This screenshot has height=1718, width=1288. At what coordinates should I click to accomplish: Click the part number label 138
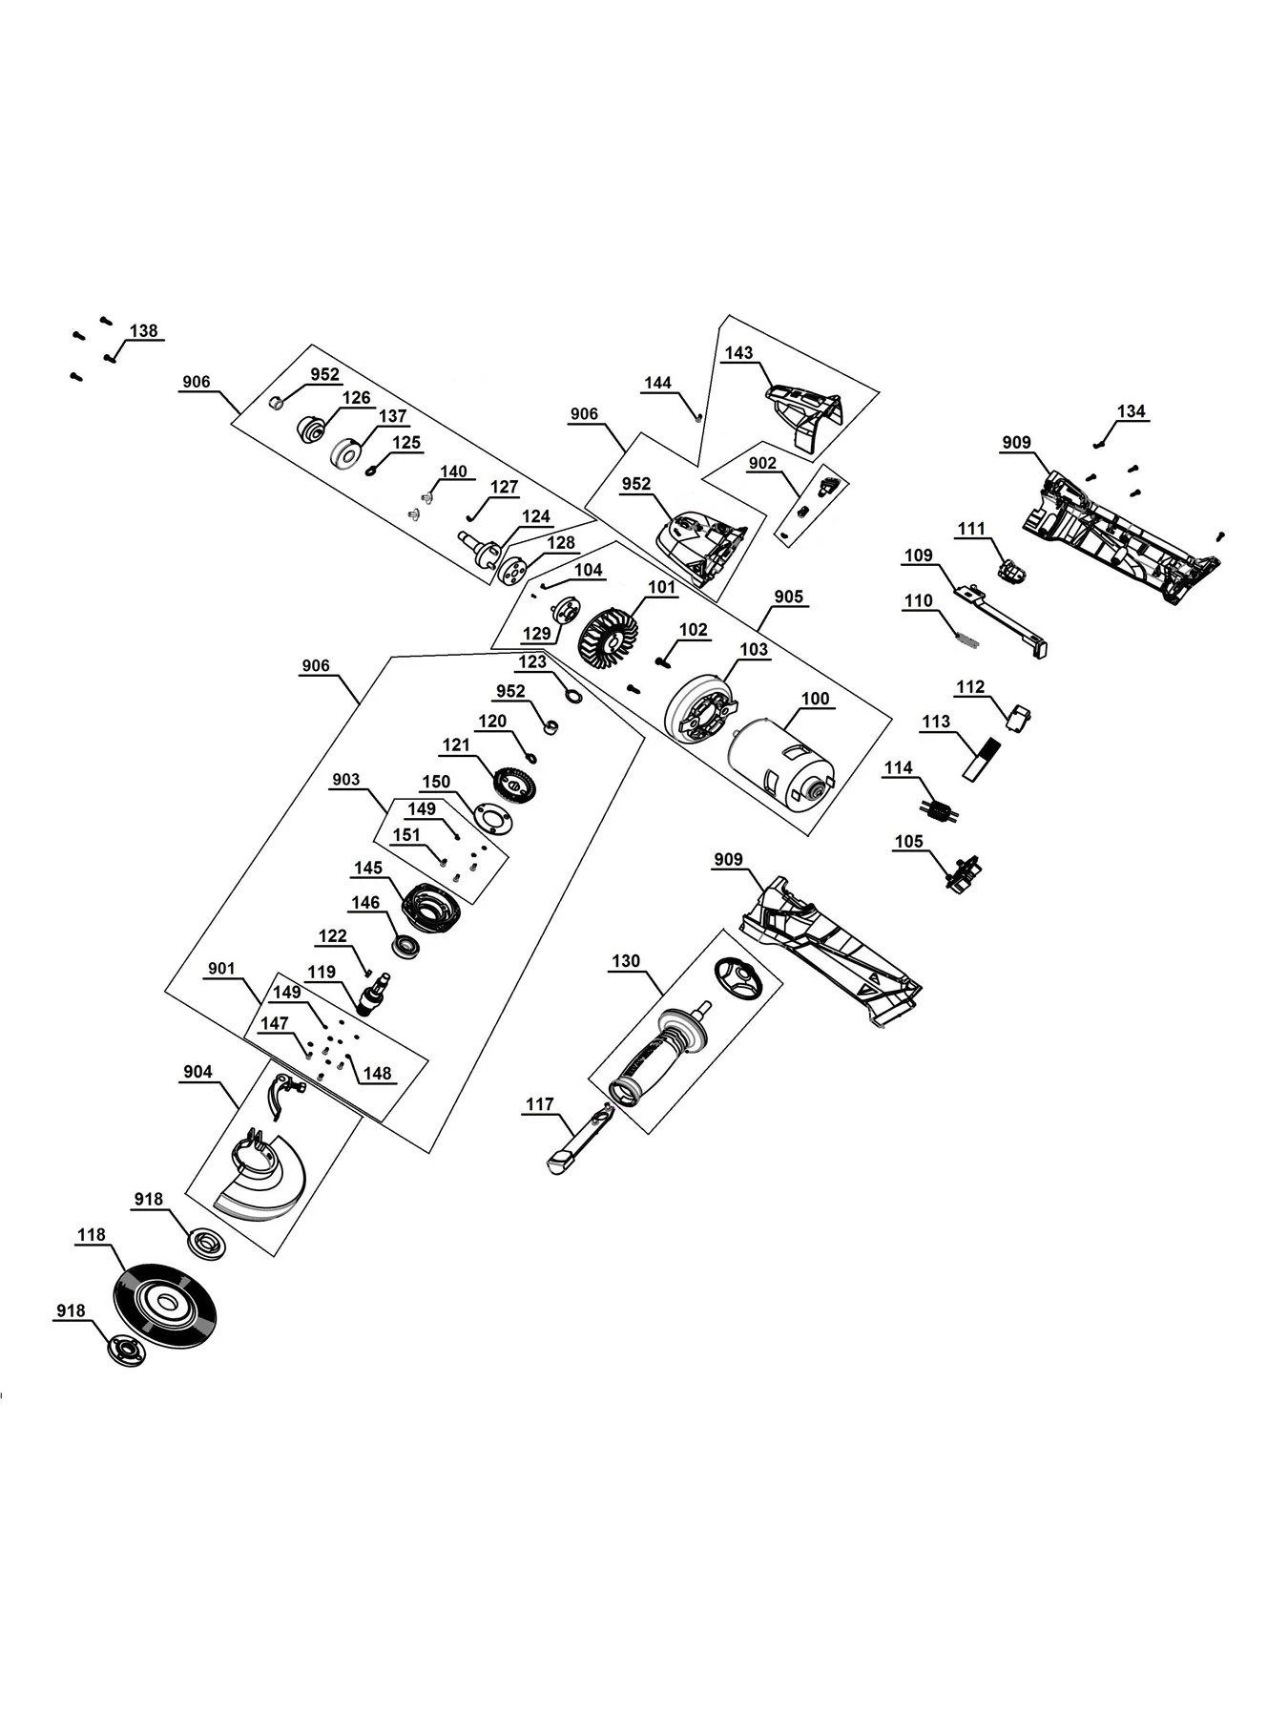(x=144, y=331)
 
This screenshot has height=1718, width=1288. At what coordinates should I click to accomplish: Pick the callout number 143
(x=738, y=352)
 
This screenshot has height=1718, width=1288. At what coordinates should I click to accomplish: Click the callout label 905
(x=788, y=597)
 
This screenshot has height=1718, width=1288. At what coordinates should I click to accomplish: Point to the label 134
(x=1131, y=411)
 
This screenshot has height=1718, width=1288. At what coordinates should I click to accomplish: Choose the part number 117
(x=539, y=1104)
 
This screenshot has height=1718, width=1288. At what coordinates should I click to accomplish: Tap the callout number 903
(x=346, y=780)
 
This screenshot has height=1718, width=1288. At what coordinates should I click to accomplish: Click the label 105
(x=908, y=841)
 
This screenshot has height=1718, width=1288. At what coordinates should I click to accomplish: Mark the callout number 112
(x=970, y=686)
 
